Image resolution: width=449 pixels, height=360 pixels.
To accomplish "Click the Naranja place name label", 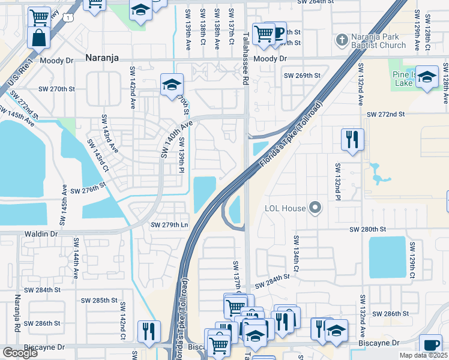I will (x=102, y=58).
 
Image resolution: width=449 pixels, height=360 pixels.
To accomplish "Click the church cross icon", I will (x=342, y=40).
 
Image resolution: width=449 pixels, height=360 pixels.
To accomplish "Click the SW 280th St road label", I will (x=368, y=229).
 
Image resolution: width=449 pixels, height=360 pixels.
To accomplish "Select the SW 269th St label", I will (x=303, y=76).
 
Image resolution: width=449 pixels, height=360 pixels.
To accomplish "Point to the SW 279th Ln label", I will (x=169, y=225).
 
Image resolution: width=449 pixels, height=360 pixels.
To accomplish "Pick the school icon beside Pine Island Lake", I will (x=427, y=77).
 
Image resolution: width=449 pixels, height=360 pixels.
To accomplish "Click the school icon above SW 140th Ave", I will (x=171, y=85).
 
